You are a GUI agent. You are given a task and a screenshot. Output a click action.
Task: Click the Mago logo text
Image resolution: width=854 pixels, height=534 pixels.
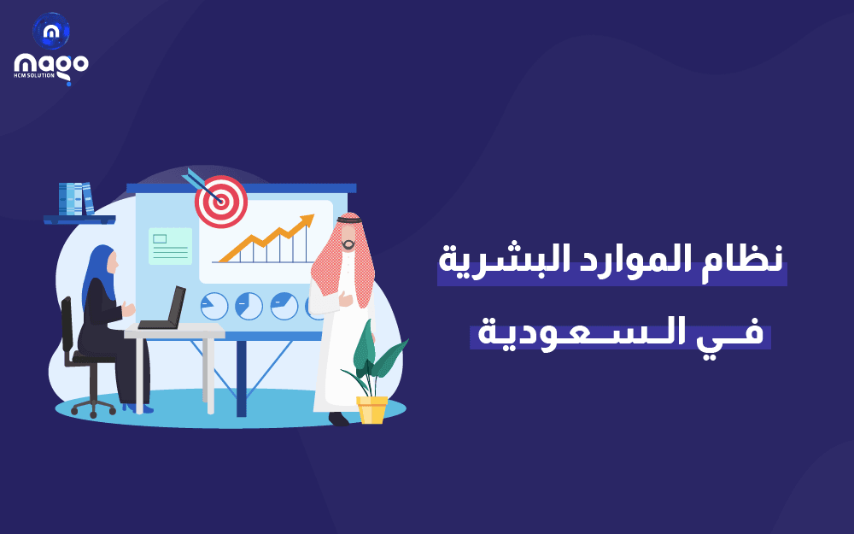(51, 64)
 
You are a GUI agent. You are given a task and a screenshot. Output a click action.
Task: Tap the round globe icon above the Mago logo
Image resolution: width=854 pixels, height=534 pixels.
(51, 31)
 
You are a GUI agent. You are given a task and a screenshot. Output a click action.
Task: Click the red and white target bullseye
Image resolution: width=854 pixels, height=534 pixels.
(221, 202)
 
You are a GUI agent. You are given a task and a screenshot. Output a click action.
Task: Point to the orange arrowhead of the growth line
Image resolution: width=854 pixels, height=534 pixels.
(306, 222)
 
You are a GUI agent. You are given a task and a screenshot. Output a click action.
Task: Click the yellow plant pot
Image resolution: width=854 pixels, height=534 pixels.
(372, 409)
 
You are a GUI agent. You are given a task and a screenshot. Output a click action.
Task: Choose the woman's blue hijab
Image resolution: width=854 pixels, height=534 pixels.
(96, 273)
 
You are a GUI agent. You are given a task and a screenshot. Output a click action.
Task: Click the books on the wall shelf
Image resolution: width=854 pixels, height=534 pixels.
(76, 199)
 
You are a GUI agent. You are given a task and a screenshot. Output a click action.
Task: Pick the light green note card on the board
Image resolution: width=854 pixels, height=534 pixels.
(170, 246)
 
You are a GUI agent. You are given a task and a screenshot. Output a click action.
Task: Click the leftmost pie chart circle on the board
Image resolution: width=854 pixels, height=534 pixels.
(214, 306)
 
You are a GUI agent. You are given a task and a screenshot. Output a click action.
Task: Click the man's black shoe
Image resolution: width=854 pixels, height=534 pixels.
(339, 419)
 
